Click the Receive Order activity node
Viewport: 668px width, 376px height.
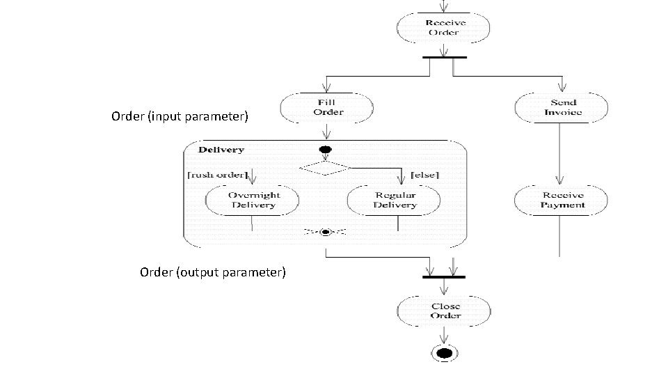point(443,28)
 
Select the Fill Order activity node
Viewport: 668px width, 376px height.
point(327,107)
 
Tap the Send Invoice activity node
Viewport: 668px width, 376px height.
point(560,107)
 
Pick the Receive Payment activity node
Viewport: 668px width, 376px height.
point(560,201)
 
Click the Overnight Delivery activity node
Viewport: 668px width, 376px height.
point(253,201)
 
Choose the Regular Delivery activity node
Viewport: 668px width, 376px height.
point(395,201)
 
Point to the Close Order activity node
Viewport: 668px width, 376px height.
point(443,311)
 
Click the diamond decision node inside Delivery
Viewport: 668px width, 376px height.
point(324,168)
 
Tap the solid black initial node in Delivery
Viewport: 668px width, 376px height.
point(324,149)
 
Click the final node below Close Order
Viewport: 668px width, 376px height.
point(443,354)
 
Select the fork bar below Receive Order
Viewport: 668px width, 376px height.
point(445,57)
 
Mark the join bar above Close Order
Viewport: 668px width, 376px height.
point(443,277)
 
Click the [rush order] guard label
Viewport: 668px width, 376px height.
point(218,174)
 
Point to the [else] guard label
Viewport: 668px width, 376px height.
point(425,174)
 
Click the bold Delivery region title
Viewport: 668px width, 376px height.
point(221,150)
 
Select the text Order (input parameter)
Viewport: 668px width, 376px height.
point(180,116)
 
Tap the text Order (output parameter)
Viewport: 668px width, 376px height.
point(212,272)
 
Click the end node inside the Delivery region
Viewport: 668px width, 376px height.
point(325,232)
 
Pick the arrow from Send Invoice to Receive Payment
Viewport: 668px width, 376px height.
point(560,153)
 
